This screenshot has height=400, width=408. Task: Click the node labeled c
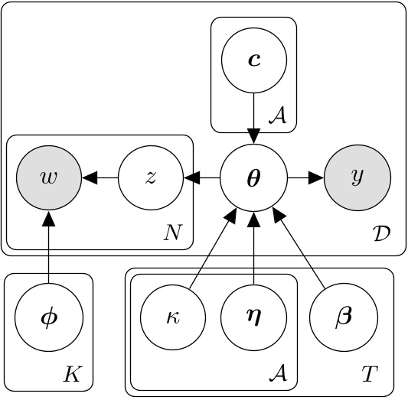253,60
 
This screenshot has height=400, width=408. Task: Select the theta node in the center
253,178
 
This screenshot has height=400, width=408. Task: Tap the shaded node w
49,178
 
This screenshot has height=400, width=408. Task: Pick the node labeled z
151,178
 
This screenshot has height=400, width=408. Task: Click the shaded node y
357,178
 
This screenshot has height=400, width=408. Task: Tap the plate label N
175,230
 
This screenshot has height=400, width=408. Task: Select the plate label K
73,374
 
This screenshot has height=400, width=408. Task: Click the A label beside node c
277,116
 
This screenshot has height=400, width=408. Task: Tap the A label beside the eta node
277,374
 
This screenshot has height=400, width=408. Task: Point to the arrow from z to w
100,178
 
